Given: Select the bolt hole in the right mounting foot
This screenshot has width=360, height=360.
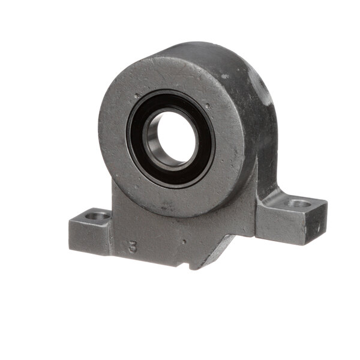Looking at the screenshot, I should [298, 203].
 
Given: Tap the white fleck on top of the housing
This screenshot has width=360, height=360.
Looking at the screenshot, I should [227, 77].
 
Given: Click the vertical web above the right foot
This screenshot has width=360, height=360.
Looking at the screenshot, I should [264, 180].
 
